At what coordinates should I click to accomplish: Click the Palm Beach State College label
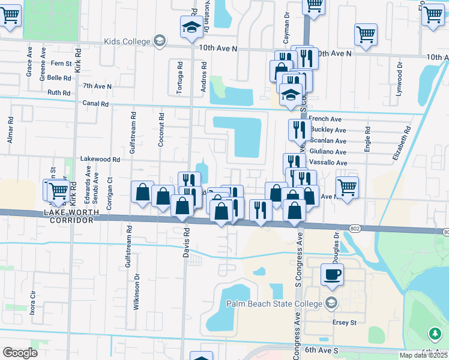click(x=274, y=304)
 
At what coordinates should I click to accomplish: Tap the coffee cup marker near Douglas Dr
click(x=332, y=275)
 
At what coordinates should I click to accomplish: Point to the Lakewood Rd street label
click(x=101, y=160)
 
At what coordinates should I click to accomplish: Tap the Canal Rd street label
click(x=95, y=104)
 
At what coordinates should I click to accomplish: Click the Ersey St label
click(x=345, y=322)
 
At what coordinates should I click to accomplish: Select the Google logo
click(x=20, y=353)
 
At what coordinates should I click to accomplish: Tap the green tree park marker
click(x=435, y=333)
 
